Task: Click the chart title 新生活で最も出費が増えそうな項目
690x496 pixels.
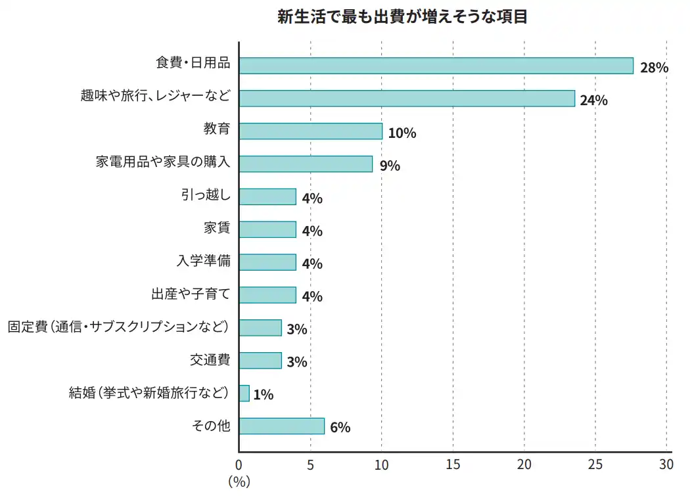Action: (x=402, y=17)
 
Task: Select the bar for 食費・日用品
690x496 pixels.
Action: (x=436, y=66)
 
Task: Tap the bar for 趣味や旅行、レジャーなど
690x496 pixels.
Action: (x=407, y=99)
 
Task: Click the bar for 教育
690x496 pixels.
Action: (x=310, y=131)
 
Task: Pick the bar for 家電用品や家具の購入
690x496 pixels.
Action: (x=306, y=164)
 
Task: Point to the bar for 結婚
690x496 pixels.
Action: (x=244, y=394)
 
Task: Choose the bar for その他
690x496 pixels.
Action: (x=281, y=426)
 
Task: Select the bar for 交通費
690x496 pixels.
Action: (x=260, y=361)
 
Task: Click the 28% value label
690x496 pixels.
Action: (x=653, y=68)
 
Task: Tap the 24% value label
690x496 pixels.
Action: (x=593, y=101)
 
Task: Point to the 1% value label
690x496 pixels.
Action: (x=263, y=395)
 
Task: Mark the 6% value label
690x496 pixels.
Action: (x=340, y=428)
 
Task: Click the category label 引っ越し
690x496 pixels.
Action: (x=206, y=196)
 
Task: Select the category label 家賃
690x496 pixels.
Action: (x=217, y=229)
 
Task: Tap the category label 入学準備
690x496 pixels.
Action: (x=204, y=261)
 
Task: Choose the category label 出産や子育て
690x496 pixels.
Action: (x=191, y=294)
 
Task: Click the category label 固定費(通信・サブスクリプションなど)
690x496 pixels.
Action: (x=118, y=327)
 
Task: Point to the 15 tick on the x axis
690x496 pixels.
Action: (x=453, y=465)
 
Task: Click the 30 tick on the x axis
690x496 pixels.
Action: (x=666, y=465)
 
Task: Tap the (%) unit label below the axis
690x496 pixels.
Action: (x=239, y=482)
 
